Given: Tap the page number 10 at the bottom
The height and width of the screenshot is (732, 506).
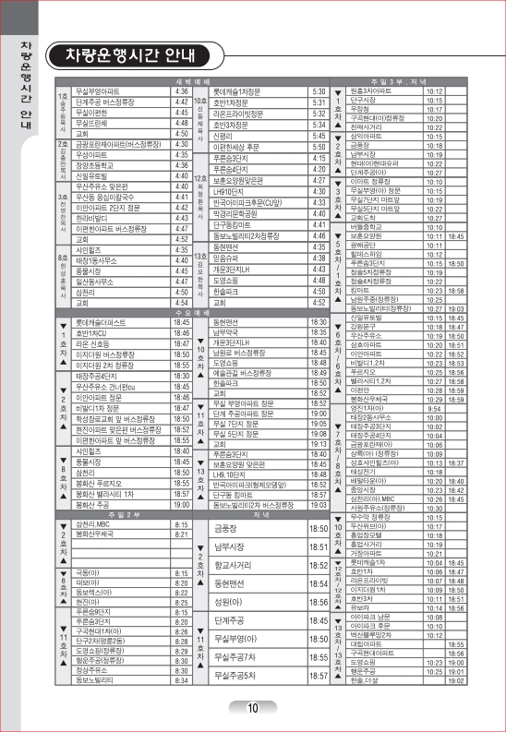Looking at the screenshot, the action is (252, 708).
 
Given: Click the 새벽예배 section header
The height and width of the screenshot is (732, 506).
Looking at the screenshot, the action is (182, 82).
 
